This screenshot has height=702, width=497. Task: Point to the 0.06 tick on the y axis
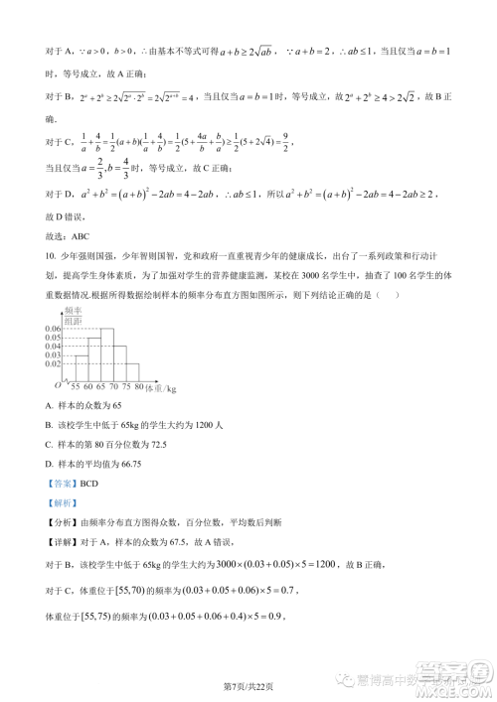pos(53,328)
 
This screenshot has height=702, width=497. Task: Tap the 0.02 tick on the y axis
pos(53,364)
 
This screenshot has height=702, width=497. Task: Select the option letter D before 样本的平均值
pos(50,462)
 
